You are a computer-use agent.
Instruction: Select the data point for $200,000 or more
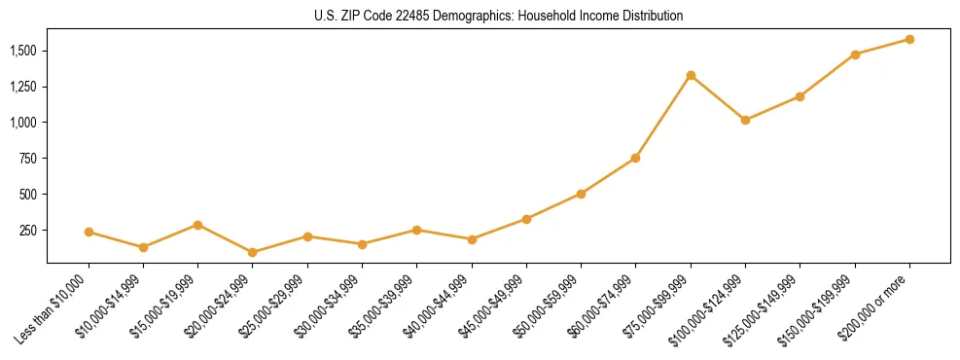point(909,39)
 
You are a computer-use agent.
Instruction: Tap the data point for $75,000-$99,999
point(691,75)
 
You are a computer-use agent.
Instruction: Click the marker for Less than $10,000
point(89,232)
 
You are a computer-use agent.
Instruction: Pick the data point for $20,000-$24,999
point(253,252)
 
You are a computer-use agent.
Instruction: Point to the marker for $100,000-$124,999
point(745,120)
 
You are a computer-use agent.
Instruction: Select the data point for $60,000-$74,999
point(635,158)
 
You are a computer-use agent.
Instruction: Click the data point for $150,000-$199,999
point(855,54)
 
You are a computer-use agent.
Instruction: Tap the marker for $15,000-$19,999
point(197,225)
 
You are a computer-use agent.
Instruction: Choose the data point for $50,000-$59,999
point(581,194)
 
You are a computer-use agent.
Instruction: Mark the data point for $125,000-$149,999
point(800,96)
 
